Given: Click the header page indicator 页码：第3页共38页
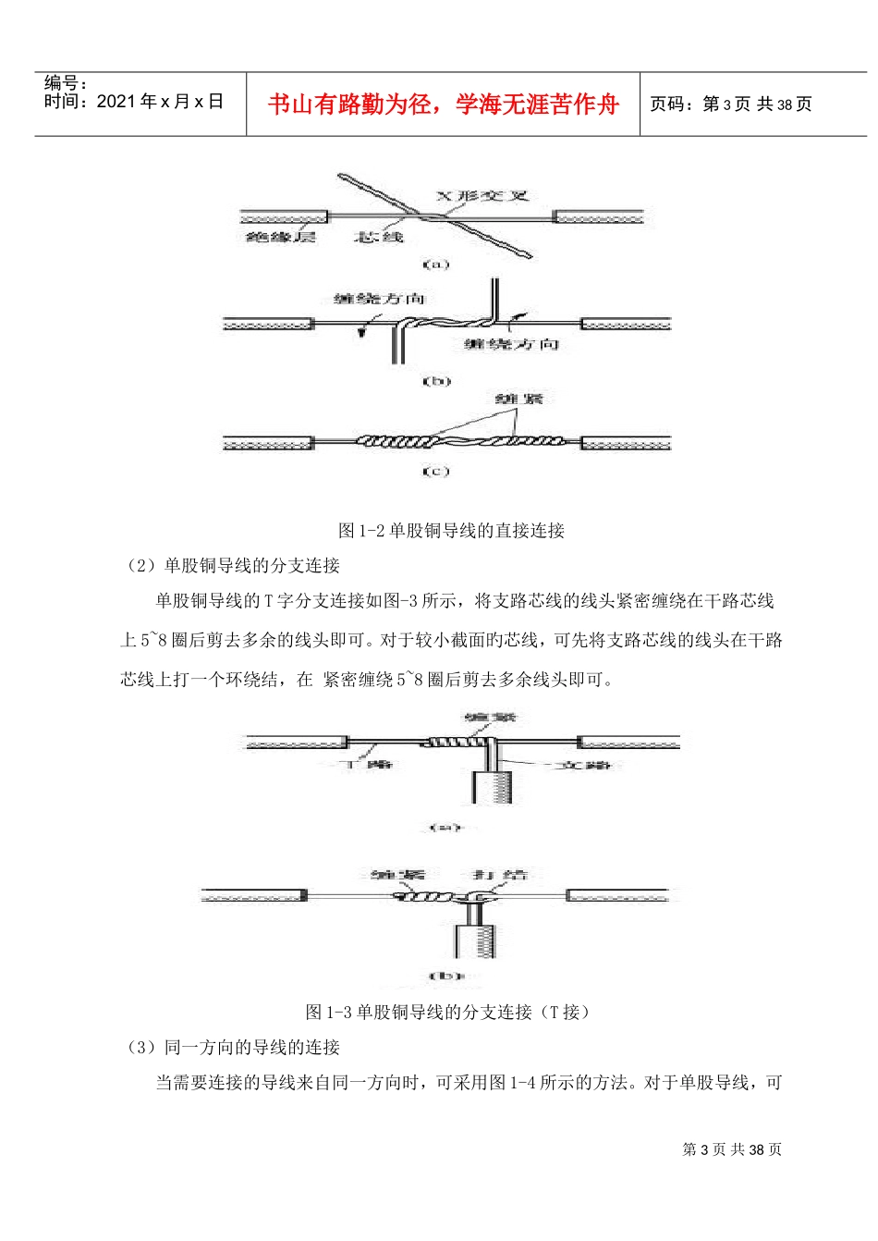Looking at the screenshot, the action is click(x=730, y=104).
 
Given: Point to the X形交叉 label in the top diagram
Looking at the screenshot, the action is click(x=482, y=196).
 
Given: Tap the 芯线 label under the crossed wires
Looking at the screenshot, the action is click(x=379, y=238).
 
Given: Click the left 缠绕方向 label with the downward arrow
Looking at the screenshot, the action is click(x=379, y=299).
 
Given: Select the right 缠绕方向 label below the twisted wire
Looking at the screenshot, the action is click(x=511, y=344).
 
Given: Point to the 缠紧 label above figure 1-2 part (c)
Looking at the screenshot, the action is click(x=519, y=399).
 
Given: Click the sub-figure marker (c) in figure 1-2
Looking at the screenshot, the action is click(x=435, y=472).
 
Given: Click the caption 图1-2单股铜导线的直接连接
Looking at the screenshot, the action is click(x=451, y=531).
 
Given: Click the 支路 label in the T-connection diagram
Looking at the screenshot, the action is click(x=588, y=765).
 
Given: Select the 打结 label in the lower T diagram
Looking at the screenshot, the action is click(x=500, y=875).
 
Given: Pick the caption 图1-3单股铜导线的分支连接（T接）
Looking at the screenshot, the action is click(x=447, y=1013).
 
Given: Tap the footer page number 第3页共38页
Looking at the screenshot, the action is click(x=732, y=1149).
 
